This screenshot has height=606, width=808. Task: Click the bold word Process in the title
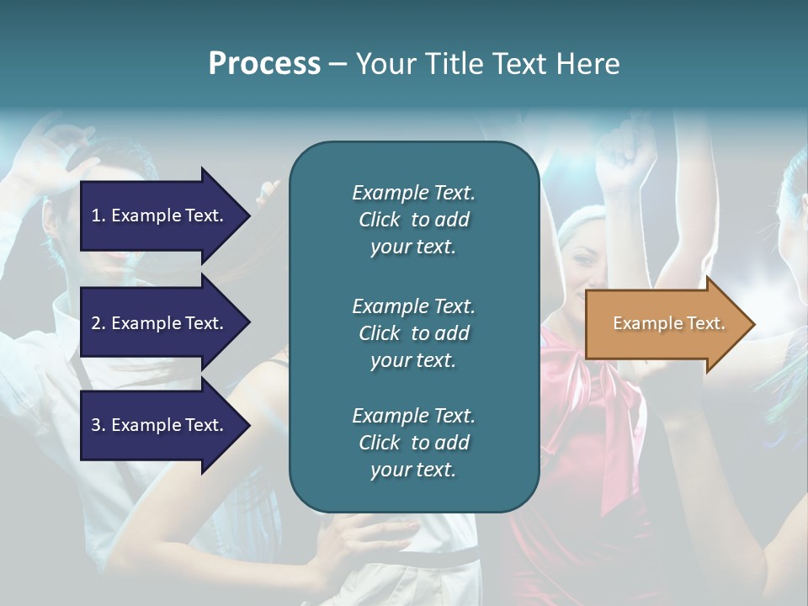264,64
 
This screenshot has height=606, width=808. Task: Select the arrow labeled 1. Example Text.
160,215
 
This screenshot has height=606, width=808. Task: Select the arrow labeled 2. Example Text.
160,323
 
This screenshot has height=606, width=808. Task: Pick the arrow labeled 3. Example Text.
160,425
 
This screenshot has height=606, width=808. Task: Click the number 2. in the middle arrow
98,323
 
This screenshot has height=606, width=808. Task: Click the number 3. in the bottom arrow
98,425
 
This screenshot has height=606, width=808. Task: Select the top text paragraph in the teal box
413,220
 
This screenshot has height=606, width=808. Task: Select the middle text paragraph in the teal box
413,333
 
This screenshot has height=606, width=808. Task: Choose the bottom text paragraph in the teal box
413,443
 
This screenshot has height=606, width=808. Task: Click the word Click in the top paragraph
380,220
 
